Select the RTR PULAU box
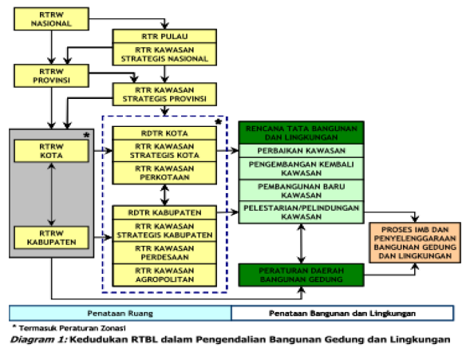(164, 37)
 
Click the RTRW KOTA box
(52, 150)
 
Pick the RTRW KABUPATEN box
(52, 236)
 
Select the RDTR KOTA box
(164, 133)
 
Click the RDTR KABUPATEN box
(164, 212)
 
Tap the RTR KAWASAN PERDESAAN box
(164, 253)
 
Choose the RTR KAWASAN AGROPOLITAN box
(164, 275)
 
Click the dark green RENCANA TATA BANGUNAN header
(301, 132)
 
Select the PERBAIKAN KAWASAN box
(301, 150)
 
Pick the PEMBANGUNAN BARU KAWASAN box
(301, 191)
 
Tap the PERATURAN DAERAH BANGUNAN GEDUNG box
(301, 275)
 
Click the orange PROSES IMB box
(413, 243)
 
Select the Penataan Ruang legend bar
(120, 312)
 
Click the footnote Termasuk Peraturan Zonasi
(61, 328)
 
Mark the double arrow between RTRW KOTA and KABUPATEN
(52, 193)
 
